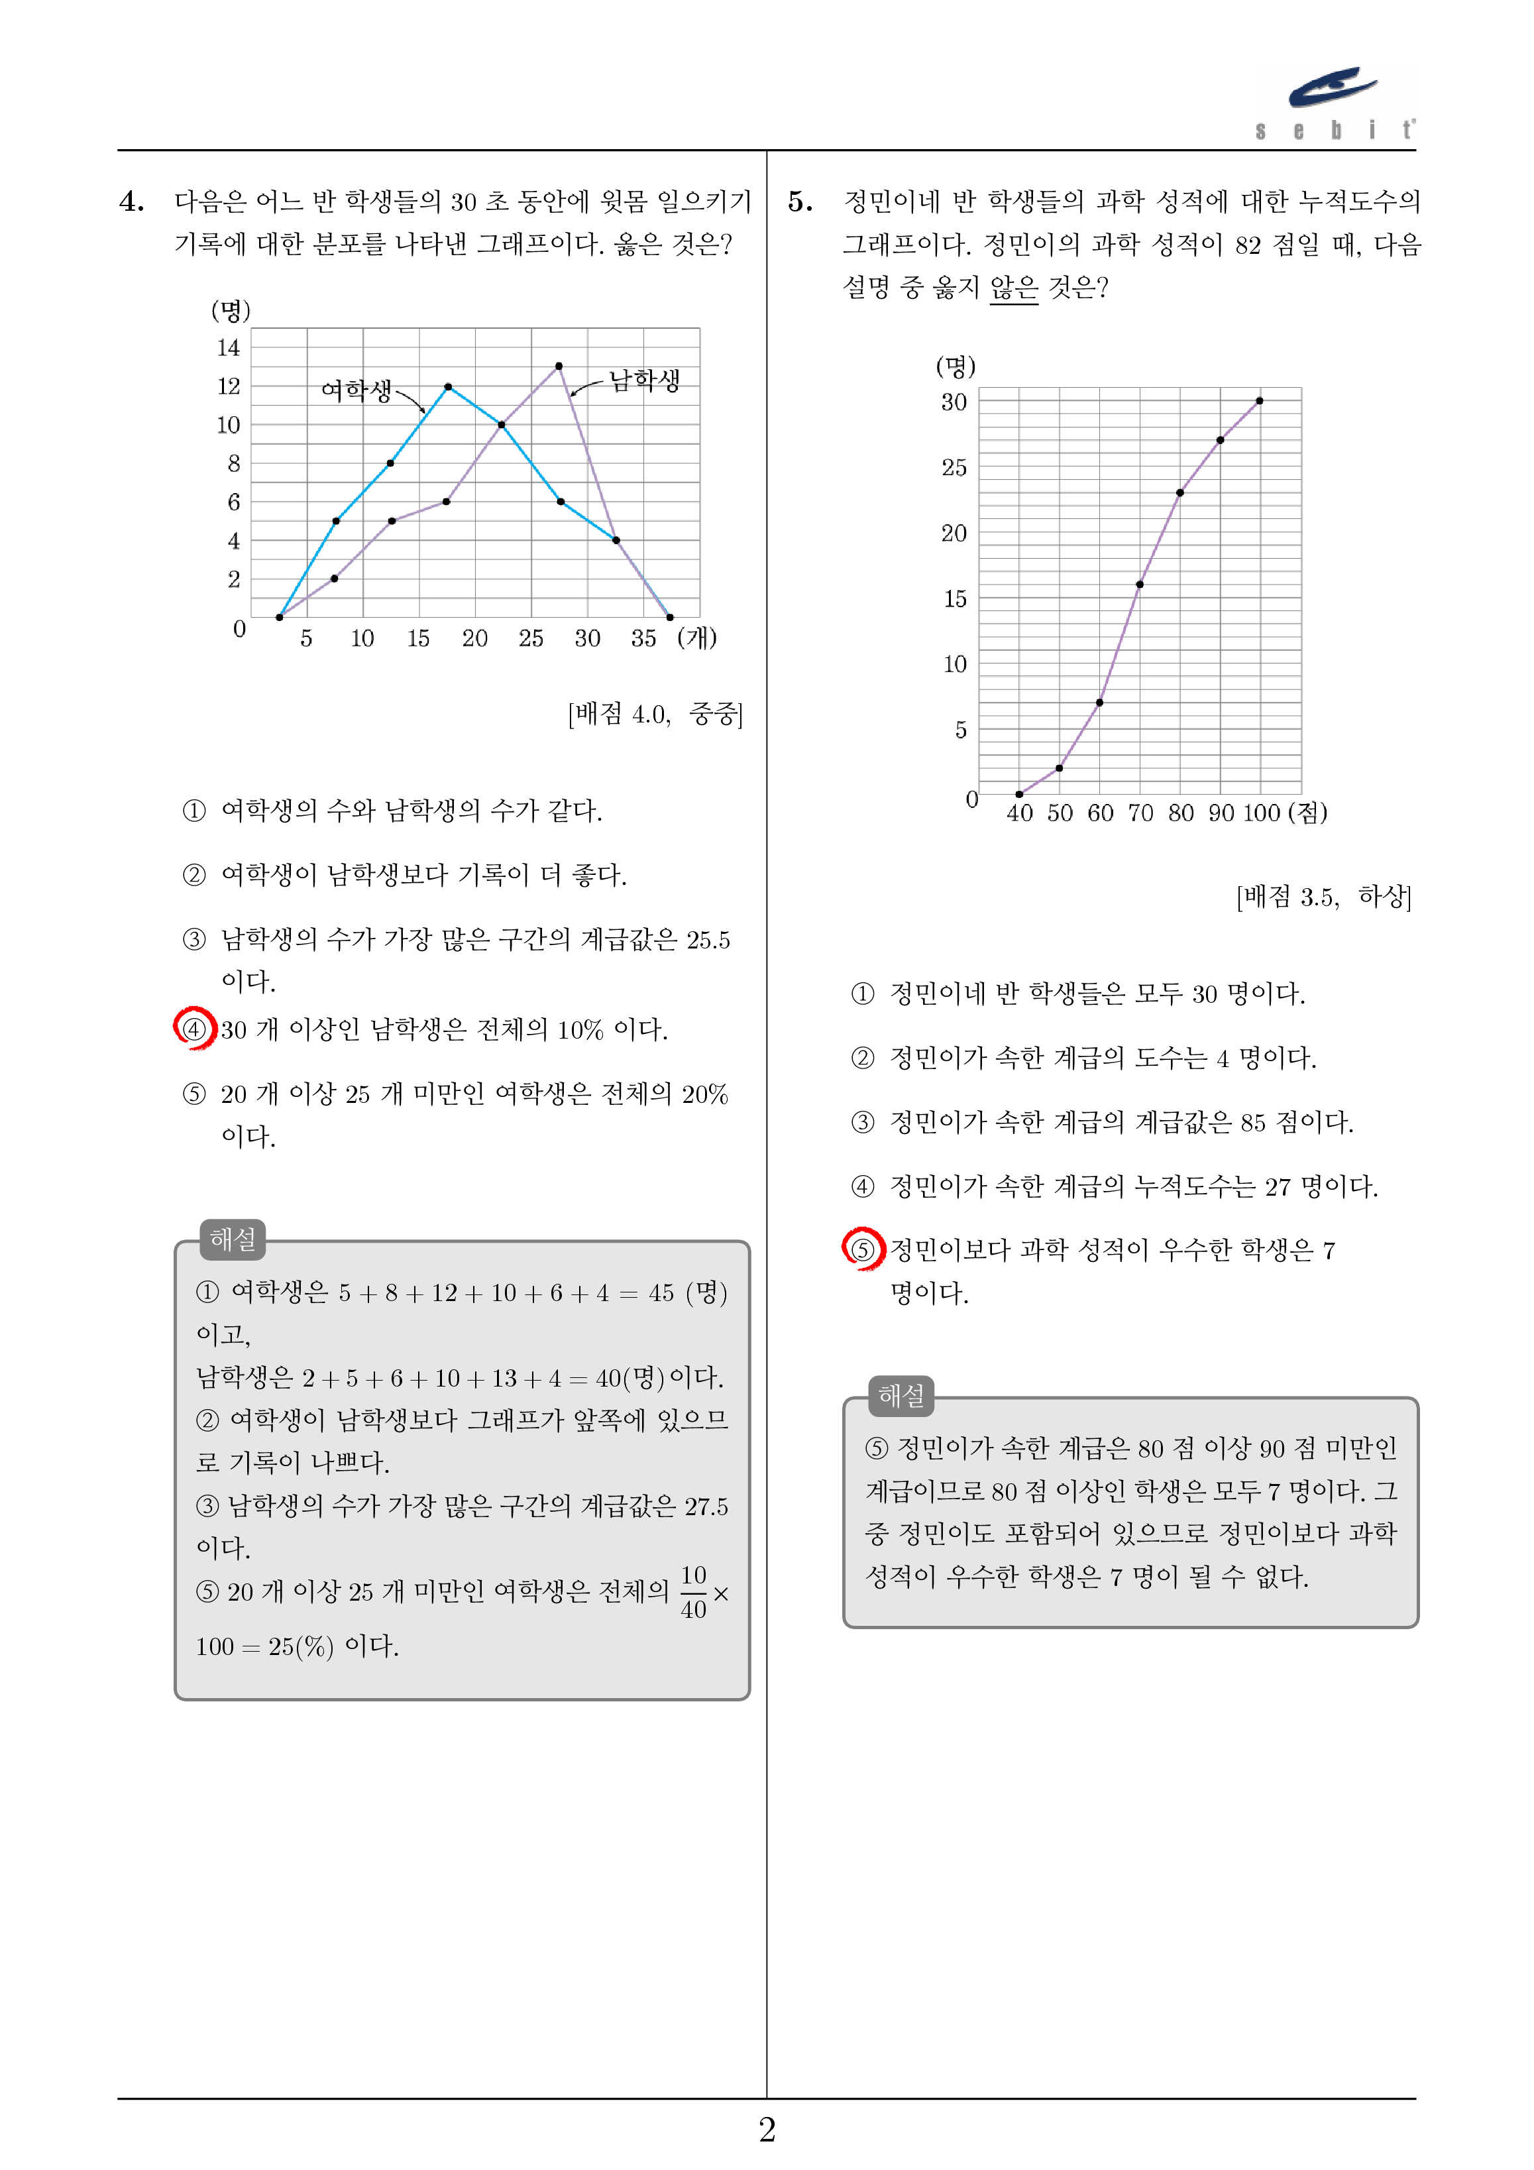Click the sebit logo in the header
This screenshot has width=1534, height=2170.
[x=1335, y=102]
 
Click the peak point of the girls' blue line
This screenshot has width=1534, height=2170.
[x=448, y=386]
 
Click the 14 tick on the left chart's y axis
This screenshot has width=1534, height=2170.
[x=229, y=348]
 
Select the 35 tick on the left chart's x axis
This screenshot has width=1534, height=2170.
[x=643, y=639]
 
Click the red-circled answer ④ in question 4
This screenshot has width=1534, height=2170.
[x=193, y=1028]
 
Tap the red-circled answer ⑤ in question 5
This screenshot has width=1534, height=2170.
[x=862, y=1249]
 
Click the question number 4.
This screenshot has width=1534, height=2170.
[x=131, y=201]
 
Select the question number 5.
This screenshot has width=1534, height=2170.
[x=800, y=201]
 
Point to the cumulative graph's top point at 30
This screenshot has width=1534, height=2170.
[x=1259, y=401]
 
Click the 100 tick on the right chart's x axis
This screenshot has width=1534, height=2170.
[x=1261, y=813]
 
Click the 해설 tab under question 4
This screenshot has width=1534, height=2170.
[x=233, y=1239]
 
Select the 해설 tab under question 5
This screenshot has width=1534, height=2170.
[x=901, y=1396]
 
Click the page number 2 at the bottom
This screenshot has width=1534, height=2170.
[x=767, y=2130]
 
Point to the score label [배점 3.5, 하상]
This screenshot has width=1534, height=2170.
[x=1323, y=896]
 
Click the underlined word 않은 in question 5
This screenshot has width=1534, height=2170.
[x=1013, y=286]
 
